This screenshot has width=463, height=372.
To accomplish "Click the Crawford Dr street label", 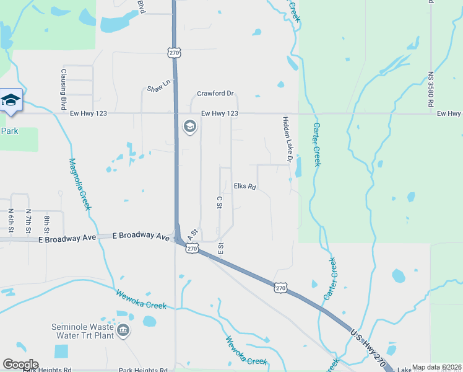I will [215, 94].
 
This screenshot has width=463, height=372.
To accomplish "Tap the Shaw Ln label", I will [157, 88].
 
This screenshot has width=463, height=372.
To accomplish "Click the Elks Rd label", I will [245, 186].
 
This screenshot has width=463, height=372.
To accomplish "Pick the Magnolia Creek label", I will [79, 184].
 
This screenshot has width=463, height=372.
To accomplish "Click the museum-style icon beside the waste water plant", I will [124, 331].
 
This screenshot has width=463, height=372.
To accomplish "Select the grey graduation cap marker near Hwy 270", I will [189, 127].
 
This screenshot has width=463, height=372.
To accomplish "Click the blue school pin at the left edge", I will [11, 100].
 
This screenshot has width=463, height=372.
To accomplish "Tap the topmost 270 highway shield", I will [174, 53].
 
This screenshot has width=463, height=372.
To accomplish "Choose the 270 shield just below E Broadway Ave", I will [192, 248].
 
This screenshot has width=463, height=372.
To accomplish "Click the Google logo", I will [20, 365].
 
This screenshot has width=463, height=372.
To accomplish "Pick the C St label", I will [219, 202].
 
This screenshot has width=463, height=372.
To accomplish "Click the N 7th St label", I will [28, 221].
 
